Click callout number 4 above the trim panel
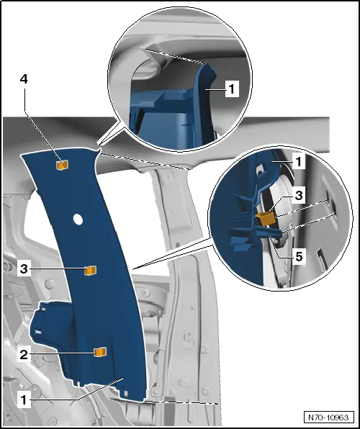pyautogui.click(x=24, y=79)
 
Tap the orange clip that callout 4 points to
pyautogui.click(x=62, y=166)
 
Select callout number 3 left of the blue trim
pyautogui.click(x=24, y=269)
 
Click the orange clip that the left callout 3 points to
pyautogui.click(x=90, y=271)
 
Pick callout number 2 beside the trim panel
pyautogui.click(x=24, y=355)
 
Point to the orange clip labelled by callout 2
pyautogui.click(x=100, y=352)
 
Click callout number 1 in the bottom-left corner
pyautogui.click(x=24, y=400)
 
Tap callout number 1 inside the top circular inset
pyautogui.click(x=232, y=89)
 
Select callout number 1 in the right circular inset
pyautogui.click(x=299, y=161)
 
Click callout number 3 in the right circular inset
pyautogui.click(x=299, y=195)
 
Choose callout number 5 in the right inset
pyautogui.click(x=299, y=257)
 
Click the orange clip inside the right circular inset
pyautogui.click(x=266, y=219)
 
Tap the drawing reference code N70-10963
pyautogui.click(x=328, y=417)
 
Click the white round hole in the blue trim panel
pyautogui.click(x=78, y=220)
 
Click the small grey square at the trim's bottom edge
pyautogui.click(x=126, y=394)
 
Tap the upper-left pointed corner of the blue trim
pyautogui.click(x=22, y=155)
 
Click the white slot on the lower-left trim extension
pyautogui.click(x=38, y=332)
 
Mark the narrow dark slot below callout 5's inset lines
pyautogui.click(x=320, y=257)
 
